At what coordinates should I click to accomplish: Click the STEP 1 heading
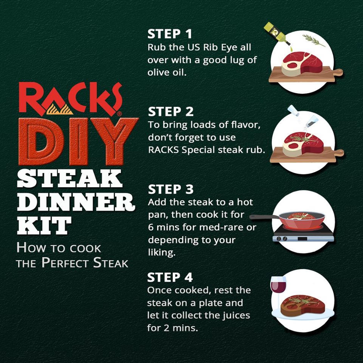[170, 34]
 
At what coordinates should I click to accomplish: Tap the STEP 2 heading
[171, 112]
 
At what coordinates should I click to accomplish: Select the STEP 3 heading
[171, 189]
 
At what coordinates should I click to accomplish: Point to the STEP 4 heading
[170, 278]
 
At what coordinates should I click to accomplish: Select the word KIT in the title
[44, 226]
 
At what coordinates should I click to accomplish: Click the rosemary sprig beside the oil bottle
[313, 40]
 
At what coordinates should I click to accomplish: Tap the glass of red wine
[278, 286]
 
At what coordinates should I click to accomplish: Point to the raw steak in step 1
[302, 64]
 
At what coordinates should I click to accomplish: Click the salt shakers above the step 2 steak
[302, 116]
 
